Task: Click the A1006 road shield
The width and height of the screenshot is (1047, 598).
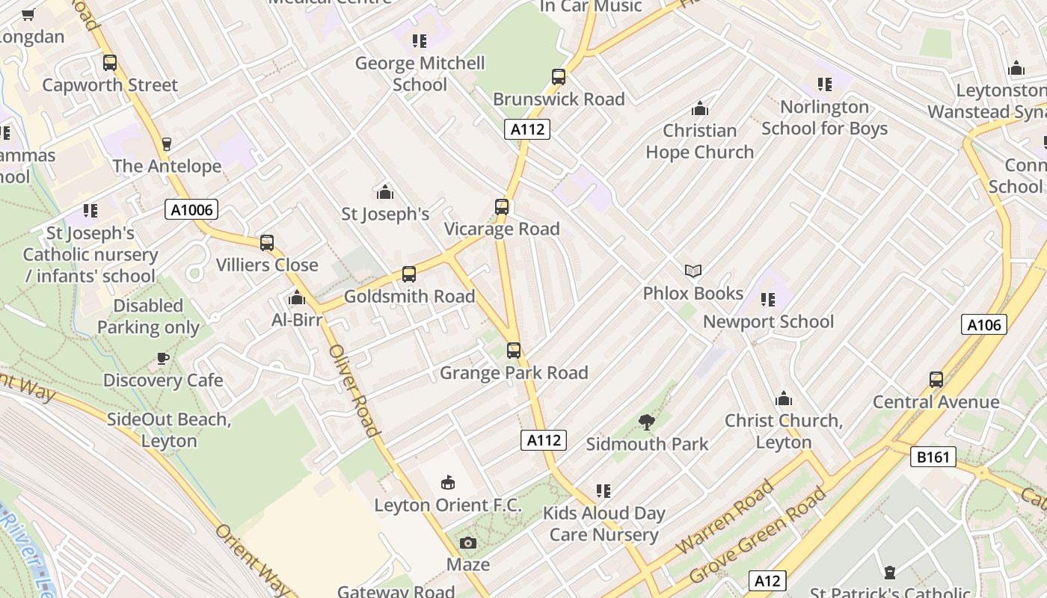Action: (x=191, y=209)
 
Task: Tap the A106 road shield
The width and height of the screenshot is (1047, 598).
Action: (x=983, y=324)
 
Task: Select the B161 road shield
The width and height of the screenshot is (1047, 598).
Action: (x=933, y=456)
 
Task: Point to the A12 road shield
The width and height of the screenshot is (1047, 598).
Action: (x=767, y=581)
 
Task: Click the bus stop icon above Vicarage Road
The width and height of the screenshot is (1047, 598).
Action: (x=501, y=207)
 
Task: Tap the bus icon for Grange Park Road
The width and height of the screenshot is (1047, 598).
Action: (x=513, y=350)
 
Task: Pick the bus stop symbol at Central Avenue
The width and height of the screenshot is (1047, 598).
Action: (x=936, y=379)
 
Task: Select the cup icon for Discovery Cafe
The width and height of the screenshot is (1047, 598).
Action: (x=162, y=358)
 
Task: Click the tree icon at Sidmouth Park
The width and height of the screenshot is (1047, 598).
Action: (x=647, y=422)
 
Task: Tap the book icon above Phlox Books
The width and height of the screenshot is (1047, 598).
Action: (x=693, y=271)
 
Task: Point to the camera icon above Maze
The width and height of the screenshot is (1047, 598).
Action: (x=468, y=543)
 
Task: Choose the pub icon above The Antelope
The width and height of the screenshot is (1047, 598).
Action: (x=166, y=144)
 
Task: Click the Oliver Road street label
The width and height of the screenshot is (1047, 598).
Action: (x=354, y=389)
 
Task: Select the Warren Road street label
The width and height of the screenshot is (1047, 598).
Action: (x=725, y=517)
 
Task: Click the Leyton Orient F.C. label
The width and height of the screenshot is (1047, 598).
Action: (x=448, y=505)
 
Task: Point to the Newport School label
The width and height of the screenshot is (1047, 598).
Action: (x=768, y=321)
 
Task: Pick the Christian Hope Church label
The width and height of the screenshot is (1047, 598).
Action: (x=699, y=141)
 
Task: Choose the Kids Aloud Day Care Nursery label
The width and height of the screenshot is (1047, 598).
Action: (x=604, y=524)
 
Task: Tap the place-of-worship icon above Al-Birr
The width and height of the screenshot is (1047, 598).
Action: (x=297, y=298)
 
